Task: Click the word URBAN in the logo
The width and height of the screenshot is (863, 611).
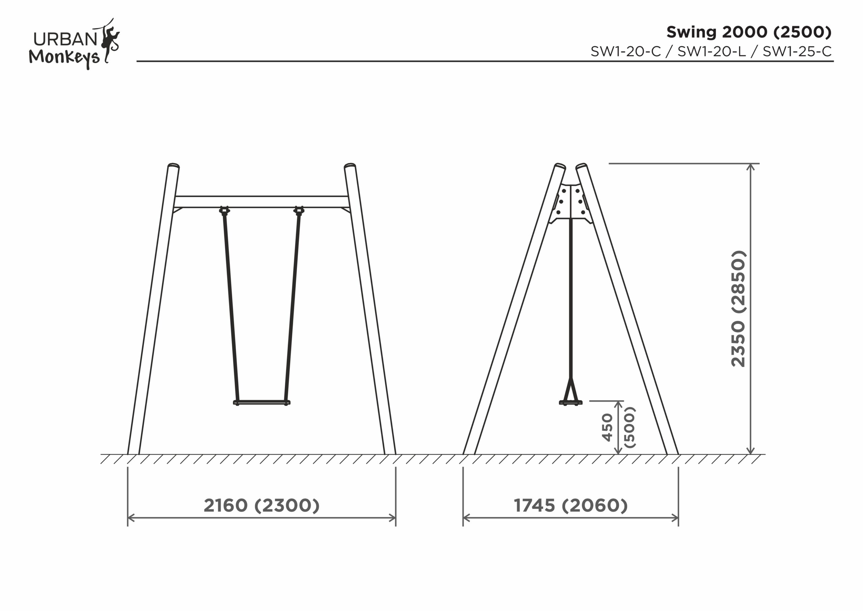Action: [x=65, y=39]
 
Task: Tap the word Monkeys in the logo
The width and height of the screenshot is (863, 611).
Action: [x=64, y=58]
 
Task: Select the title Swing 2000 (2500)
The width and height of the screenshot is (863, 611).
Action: [x=749, y=32]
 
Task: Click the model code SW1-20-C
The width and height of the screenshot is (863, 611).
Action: [x=625, y=52]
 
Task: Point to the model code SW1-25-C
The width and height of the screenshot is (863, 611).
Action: [x=797, y=52]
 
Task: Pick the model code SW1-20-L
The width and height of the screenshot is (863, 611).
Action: [x=712, y=52]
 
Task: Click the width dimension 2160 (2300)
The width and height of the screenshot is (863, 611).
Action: [x=262, y=505]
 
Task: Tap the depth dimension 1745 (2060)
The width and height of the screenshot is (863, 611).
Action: [x=571, y=505]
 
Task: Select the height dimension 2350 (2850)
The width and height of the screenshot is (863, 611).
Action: [x=738, y=308]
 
